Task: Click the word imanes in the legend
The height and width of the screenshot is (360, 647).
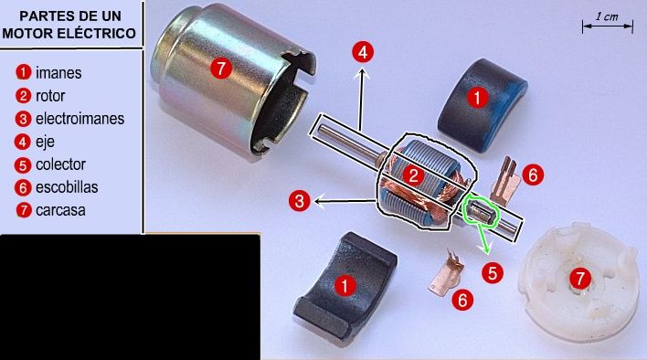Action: point(58,73)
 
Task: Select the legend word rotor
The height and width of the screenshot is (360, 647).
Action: point(50,96)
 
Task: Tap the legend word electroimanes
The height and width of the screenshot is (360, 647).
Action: point(80,119)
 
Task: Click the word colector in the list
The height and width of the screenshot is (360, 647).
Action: point(60,164)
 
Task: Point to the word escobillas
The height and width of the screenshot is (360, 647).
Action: point(67,187)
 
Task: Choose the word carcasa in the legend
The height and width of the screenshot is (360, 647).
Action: point(60,210)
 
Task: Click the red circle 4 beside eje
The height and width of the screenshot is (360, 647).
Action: point(22,142)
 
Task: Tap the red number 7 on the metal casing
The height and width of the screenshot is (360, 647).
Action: point(221,68)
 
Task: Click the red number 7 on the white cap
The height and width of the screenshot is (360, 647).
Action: point(580,279)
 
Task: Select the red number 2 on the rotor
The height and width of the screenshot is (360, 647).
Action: point(413,176)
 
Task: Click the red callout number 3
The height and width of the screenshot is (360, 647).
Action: point(299,201)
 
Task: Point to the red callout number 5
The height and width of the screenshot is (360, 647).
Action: point(493,272)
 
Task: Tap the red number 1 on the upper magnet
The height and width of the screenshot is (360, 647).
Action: point(477,98)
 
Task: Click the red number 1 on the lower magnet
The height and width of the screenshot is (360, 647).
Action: point(345,285)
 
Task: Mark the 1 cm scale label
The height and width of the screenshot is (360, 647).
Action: point(607,17)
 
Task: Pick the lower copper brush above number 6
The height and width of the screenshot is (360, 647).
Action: point(446,272)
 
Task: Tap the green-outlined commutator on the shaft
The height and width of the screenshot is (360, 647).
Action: point(482,212)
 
